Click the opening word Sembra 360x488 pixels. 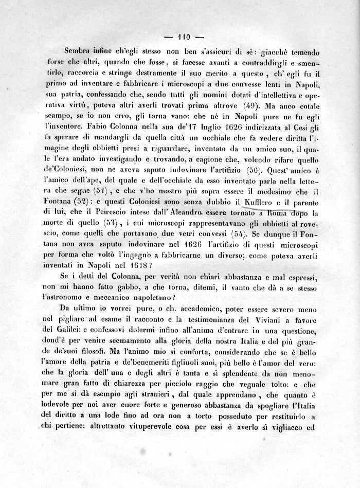tap(77, 52)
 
